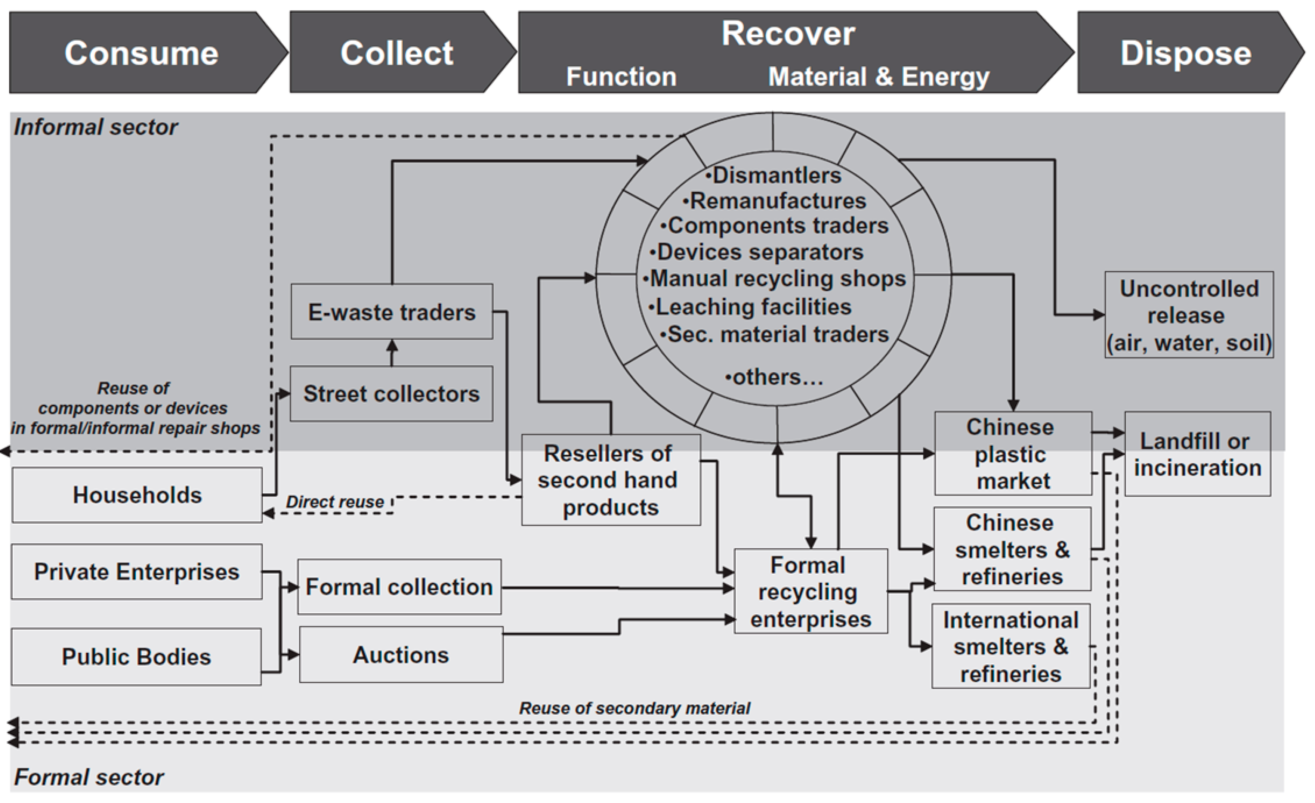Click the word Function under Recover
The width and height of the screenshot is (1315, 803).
pos(621,76)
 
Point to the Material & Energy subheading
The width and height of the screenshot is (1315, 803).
pos(879,76)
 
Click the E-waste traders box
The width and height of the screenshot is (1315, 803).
pos(392,311)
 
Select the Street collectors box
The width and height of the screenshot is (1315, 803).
pos(391,394)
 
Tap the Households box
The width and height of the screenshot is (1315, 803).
pos(137,494)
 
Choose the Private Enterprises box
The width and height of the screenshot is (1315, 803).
pos(137,571)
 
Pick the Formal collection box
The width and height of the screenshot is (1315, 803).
pos(399,586)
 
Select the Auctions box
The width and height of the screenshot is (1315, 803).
pos(401,655)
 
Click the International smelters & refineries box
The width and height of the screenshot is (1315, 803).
pos(1010,646)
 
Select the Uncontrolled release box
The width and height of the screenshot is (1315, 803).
pos(1189,315)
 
